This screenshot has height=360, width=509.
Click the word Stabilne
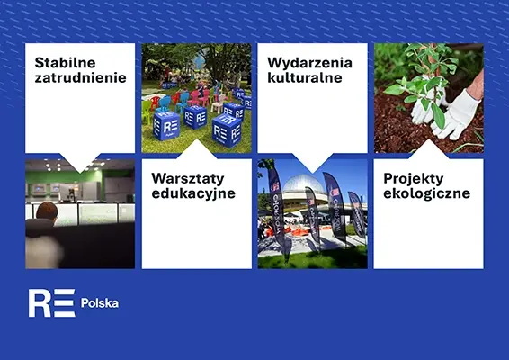(65, 63)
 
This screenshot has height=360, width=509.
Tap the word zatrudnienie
(81, 77)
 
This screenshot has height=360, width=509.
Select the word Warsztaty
(188, 178)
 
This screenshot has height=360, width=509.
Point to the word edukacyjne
(193, 193)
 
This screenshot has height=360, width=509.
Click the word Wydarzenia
(309, 63)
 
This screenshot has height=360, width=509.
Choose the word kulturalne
(305, 77)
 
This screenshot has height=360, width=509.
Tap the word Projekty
(414, 179)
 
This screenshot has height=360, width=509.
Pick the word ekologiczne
(426, 193)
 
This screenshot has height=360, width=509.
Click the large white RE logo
(52, 302)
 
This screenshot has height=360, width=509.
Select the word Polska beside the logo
(100, 302)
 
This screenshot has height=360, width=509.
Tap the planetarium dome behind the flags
(304, 184)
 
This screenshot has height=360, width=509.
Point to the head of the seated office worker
(47, 211)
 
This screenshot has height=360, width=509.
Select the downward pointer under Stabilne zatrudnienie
(80, 163)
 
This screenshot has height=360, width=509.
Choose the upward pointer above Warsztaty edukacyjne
(196, 149)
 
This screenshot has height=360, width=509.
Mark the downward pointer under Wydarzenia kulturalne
(313, 163)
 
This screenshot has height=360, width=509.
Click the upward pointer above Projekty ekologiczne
(429, 149)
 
